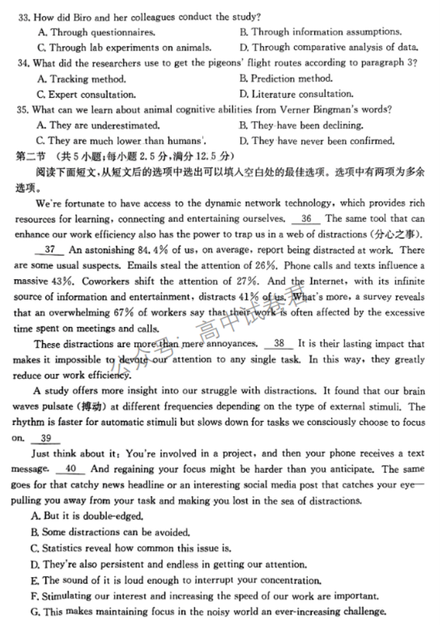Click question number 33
(24, 16)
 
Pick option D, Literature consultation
(295, 95)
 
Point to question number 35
(24, 110)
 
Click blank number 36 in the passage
(306, 219)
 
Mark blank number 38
(279, 344)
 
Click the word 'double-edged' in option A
(114, 516)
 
